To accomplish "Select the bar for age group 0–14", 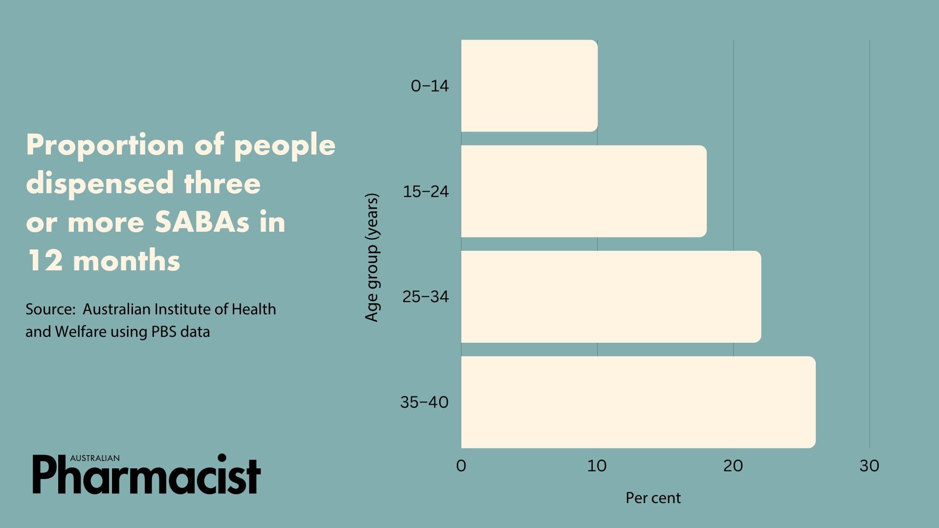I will coord(529,86).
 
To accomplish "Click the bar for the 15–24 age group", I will coord(583,191).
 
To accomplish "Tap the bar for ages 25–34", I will coord(611,297).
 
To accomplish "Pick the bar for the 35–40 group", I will coord(638,402).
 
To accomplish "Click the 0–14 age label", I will coord(429,86).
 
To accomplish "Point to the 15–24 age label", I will coord(425,192).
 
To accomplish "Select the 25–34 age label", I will coord(425,297).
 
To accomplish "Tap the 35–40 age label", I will coord(424,402).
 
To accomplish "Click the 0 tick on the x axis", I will coord(461,466).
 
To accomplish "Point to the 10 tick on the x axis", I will coord(597,466).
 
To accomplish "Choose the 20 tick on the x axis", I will coord(733,466).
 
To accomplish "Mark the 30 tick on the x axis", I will coord(869,466).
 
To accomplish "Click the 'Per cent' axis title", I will coord(653,498).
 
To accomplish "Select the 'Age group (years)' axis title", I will coord(372,258).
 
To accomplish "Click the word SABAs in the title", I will coord(202,222).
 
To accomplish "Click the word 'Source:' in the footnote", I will coord(51,309).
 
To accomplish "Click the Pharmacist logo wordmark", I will coord(147,475).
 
